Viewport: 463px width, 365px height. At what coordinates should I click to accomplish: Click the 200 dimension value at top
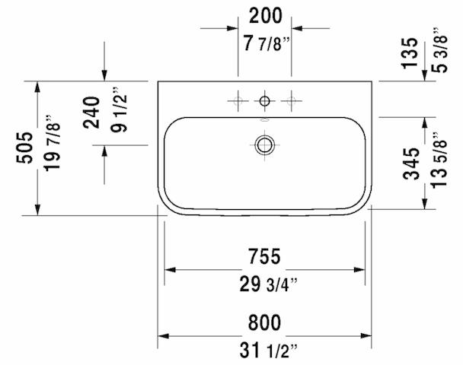point(266,16)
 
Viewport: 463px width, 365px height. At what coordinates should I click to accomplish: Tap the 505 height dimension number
point(24,148)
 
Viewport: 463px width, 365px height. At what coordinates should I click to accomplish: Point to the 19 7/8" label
point(53,143)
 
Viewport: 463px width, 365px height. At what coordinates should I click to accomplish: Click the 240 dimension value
point(91,113)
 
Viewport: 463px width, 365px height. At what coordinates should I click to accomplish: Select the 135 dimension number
point(410,53)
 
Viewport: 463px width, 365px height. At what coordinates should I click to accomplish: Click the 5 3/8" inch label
point(439,50)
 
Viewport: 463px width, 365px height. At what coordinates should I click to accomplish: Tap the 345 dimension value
point(411,163)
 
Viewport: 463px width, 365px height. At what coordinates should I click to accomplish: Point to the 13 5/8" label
point(439,160)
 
